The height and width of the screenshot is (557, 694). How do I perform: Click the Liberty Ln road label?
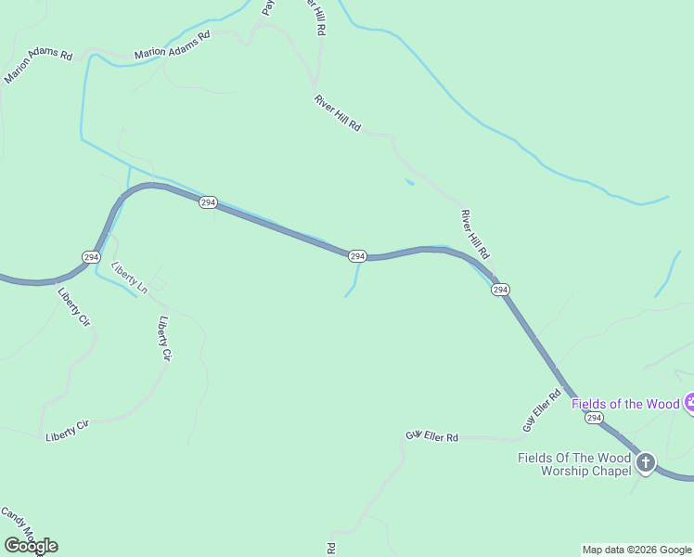pos(129,278)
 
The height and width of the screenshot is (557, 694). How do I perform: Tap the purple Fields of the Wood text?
pos(625,404)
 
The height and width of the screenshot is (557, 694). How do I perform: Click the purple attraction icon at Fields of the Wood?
pos(690,403)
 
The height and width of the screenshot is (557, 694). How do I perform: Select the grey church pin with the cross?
pos(645,462)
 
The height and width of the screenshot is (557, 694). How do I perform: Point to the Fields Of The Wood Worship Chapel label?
pos(574,463)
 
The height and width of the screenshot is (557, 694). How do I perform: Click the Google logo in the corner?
pos(31,546)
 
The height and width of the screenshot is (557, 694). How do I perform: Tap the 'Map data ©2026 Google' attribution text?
pos(636,550)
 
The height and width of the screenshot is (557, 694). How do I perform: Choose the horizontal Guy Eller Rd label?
pos(432,436)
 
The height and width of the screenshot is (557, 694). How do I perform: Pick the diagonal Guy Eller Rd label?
pos(542,409)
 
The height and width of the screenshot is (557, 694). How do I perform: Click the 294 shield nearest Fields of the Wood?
pos(594,420)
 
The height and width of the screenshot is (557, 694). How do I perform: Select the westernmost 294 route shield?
pos(90,256)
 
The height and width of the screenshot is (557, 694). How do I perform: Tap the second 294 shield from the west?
pos(208,202)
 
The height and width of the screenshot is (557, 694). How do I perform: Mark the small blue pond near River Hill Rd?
pos(409,182)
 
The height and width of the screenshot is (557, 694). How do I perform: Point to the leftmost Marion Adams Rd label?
pos(38,67)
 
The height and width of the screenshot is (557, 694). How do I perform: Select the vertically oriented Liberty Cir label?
pos(165,339)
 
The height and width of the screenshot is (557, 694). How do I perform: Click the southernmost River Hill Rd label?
pos(474,234)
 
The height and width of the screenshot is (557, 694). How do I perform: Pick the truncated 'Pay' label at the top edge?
pos(268,7)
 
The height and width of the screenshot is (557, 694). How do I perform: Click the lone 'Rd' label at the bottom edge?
pos(331,550)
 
